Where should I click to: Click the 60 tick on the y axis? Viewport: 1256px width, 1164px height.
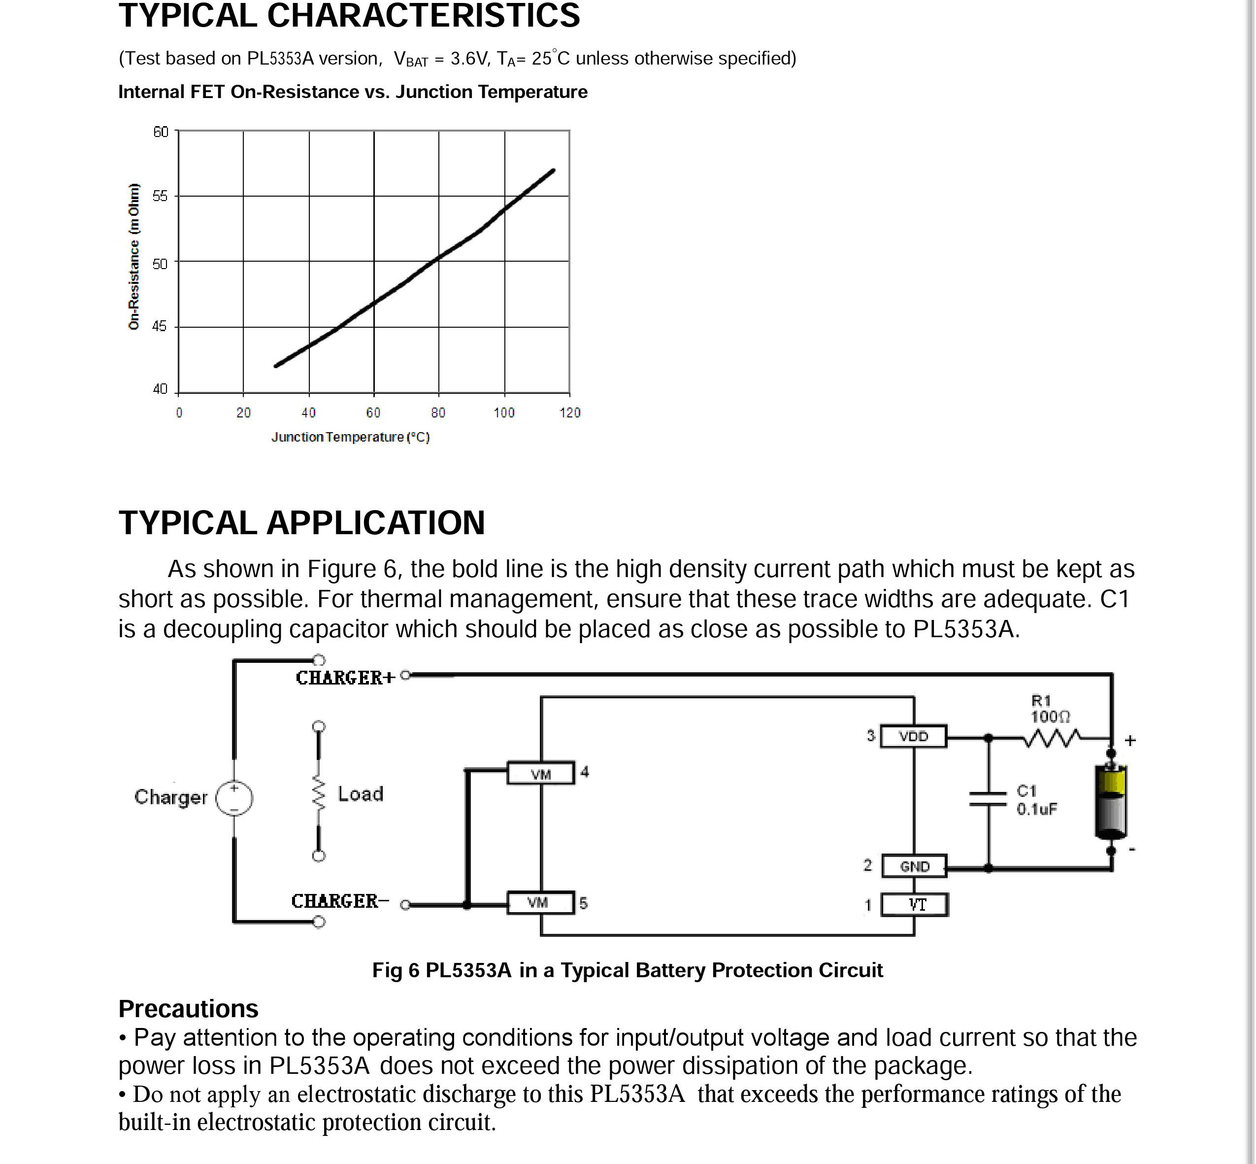161,132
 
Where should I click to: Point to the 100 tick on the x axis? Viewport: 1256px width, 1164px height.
504,412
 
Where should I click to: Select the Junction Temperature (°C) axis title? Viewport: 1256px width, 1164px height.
350,437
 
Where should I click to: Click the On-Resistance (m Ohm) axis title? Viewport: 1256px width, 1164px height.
133,256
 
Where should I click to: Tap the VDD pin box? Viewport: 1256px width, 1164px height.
913,736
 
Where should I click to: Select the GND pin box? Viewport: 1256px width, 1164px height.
914,866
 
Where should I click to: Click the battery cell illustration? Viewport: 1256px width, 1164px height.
1111,801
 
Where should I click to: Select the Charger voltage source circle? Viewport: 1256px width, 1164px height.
234,797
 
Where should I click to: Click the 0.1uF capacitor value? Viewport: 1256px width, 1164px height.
1036,809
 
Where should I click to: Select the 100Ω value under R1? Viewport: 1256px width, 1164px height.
1050,717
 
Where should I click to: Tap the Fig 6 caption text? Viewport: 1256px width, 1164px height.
627,970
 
